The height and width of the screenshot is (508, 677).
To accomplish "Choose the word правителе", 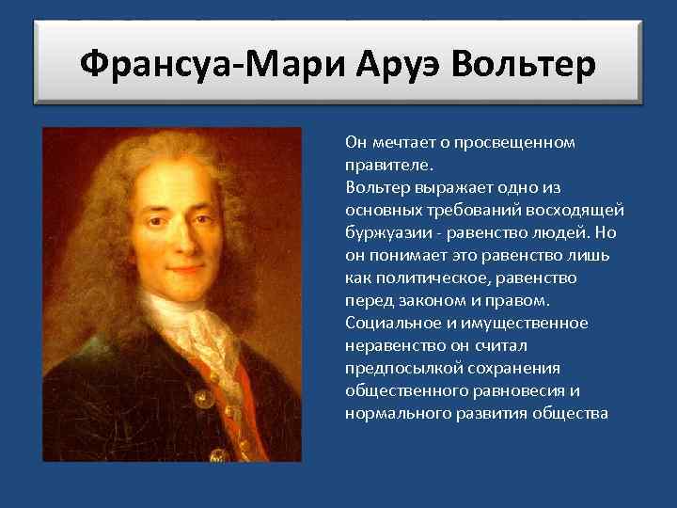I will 386,165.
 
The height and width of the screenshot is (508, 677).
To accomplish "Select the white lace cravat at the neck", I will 193,329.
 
